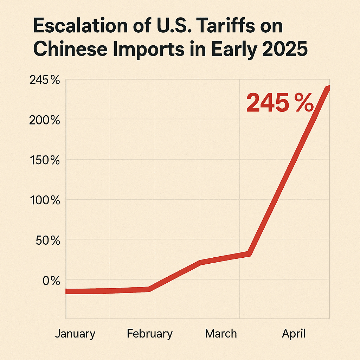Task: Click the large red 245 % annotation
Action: click(x=279, y=103)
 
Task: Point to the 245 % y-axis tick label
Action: click(x=45, y=81)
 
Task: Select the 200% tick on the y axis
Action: click(x=45, y=121)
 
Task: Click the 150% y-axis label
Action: click(x=45, y=161)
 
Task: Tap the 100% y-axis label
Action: click(x=45, y=201)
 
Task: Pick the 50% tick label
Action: click(x=47, y=241)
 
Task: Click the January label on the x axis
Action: click(x=75, y=334)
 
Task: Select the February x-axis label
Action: click(x=150, y=334)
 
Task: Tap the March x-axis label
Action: click(x=221, y=334)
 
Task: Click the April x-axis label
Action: click(x=294, y=334)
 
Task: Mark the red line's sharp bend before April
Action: click(x=249, y=253)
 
